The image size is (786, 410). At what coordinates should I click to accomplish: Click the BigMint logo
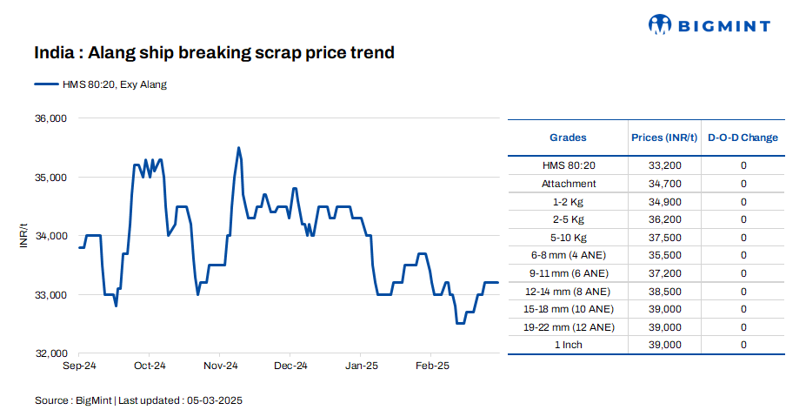(x=709, y=25)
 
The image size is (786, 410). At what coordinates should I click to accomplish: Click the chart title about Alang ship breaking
(x=214, y=53)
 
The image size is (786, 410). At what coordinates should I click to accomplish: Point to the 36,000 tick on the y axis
(x=50, y=118)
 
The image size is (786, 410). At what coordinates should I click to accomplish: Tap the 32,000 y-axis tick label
(x=50, y=353)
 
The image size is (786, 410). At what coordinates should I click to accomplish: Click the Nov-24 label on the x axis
(x=220, y=366)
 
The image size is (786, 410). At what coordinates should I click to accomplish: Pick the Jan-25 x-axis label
(x=361, y=366)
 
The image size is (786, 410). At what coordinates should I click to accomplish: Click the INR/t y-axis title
(x=23, y=236)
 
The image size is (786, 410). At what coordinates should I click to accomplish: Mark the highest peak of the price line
(x=239, y=148)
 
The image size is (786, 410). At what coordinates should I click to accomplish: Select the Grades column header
(x=568, y=138)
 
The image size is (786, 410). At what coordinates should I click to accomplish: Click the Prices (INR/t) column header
(x=664, y=138)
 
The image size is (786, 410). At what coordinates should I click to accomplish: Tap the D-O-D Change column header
(x=743, y=138)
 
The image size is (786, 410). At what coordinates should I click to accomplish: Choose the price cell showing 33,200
(x=664, y=165)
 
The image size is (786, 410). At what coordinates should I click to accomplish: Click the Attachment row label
(x=568, y=184)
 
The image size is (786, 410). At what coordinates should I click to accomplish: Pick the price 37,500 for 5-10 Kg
(x=664, y=238)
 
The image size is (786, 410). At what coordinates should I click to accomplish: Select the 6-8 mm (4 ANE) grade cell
(x=568, y=255)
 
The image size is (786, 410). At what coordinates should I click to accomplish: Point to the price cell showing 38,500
(x=664, y=292)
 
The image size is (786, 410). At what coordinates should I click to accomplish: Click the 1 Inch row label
(x=568, y=346)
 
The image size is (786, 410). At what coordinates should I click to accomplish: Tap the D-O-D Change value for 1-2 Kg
(x=743, y=202)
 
